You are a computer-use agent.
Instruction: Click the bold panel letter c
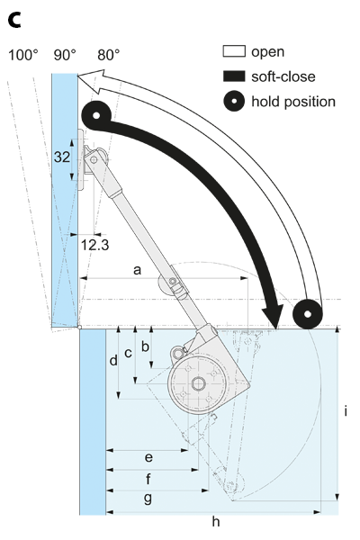tap(14, 21)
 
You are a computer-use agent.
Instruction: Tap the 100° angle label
tap(23, 55)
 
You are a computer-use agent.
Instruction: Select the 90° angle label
tap(65, 55)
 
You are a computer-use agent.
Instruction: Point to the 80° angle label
tap(109, 55)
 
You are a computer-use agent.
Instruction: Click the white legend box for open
tap(234, 51)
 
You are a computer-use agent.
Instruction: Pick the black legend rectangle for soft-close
tap(234, 76)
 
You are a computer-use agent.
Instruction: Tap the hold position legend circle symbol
tap(234, 101)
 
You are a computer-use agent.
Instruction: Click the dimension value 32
tap(62, 157)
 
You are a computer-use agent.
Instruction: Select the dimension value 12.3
tap(94, 245)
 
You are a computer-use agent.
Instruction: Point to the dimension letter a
tap(137, 270)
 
